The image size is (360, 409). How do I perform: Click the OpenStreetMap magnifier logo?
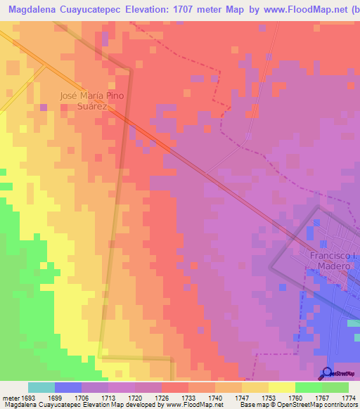[x=328, y=373]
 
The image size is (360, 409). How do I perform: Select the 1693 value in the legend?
[x=28, y=396]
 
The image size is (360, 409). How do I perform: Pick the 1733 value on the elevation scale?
[x=188, y=396]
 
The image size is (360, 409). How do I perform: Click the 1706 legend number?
[x=82, y=396]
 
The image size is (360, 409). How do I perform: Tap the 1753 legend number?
[x=269, y=396]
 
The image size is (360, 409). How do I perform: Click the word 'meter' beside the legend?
[x=10, y=396]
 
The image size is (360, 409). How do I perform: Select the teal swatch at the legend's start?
[x=41, y=387]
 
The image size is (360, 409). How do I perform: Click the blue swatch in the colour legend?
[x=68, y=387]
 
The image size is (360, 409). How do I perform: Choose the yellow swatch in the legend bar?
[x=282, y=387]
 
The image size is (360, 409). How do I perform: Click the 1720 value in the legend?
[x=135, y=396]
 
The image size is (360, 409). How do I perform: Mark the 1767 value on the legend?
[x=322, y=396]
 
